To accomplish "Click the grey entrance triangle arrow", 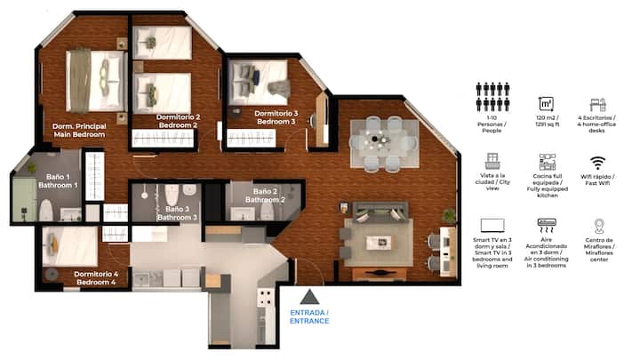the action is pos(309,297).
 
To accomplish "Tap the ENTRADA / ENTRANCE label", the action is pos(309,316).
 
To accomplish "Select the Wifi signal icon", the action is pos(597,163).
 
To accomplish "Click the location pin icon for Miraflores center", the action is pos(599,226).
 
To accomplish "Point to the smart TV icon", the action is pos(492,226).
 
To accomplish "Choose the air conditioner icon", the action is pos(546,226).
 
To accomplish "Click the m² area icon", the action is pos(546,104).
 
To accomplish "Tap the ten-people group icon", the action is pos(492,97).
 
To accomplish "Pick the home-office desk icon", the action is pos(597,105).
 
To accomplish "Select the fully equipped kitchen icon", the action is pos(547,162).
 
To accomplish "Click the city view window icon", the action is pos(492,161).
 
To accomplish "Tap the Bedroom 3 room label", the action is pos(276,117).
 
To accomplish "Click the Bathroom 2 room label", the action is pos(265,196).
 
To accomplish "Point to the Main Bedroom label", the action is pos(79,130).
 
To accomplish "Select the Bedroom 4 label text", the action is pos(96,278).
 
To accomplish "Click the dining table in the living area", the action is pos(385,143).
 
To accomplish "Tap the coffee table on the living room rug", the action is pos(379,243).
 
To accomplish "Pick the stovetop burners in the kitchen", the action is pos(265,298).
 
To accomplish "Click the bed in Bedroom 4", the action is pos(70,247).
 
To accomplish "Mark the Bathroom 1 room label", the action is pos(58,180).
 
